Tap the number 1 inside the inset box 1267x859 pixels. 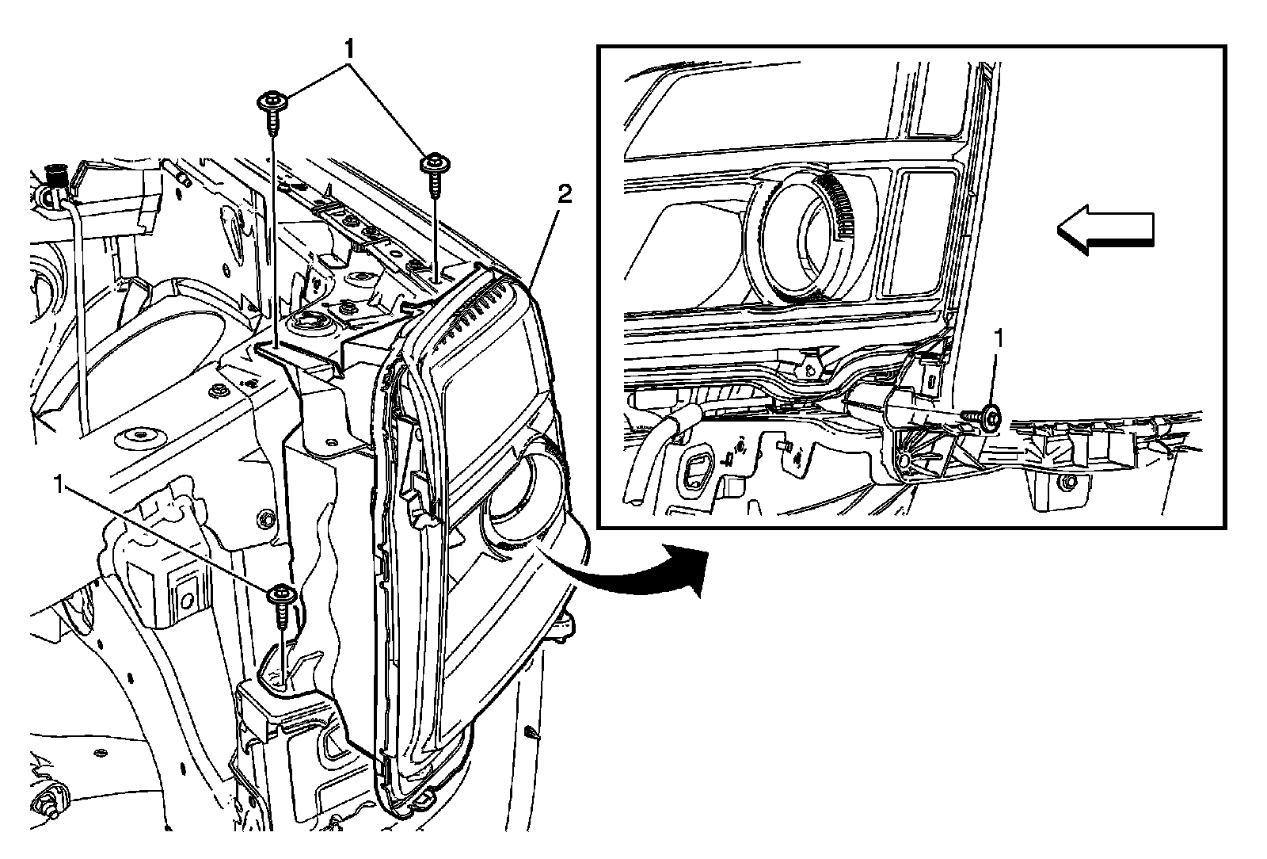pyautogui.click(x=999, y=339)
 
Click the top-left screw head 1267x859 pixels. pyautogui.click(x=272, y=101)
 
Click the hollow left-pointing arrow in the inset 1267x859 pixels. pyautogui.click(x=1105, y=230)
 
